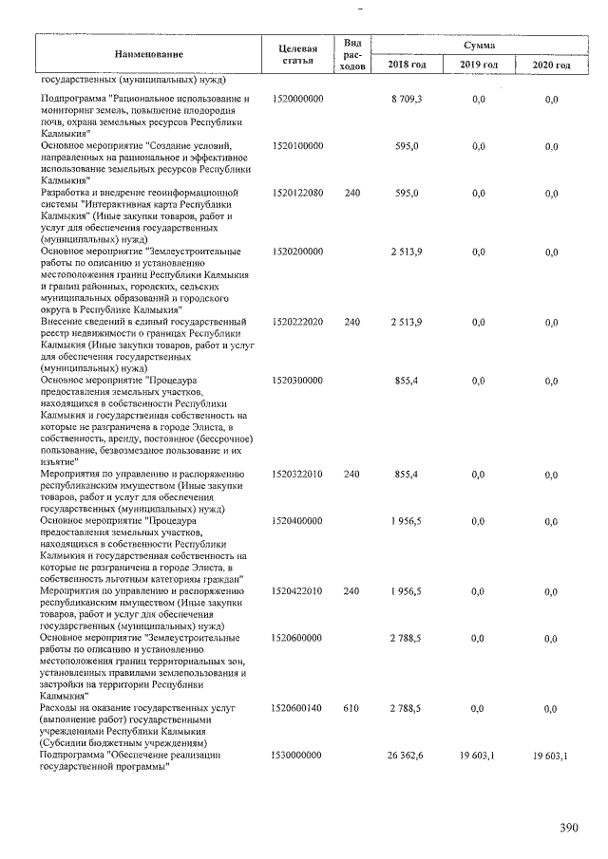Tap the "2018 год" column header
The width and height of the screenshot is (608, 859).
[x=407, y=65]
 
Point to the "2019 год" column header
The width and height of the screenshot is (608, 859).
[x=479, y=65]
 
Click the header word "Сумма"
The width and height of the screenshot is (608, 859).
[x=479, y=45]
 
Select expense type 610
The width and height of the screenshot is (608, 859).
[x=351, y=708]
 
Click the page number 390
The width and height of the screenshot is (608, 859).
[x=568, y=828]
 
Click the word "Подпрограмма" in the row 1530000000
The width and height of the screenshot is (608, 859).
[x=73, y=755]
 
